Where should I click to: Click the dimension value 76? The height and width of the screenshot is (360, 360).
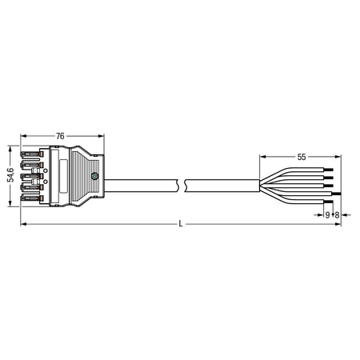pyautogui.click(x=60, y=136)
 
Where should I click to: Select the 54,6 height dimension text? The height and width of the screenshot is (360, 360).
pyautogui.click(x=10, y=175)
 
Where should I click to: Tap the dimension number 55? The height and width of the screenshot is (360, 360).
pyautogui.click(x=302, y=157)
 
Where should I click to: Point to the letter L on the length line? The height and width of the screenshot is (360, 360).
pyautogui.click(x=181, y=224)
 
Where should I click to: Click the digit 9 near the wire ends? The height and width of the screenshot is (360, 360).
pyautogui.click(x=327, y=215)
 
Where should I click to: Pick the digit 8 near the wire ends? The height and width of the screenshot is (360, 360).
pyautogui.click(x=337, y=215)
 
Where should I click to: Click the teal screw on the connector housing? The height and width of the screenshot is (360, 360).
pyautogui.click(x=94, y=176)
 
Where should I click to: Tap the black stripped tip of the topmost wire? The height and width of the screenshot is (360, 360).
pyautogui.click(x=329, y=170)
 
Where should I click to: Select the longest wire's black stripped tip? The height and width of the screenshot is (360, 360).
pyautogui.click(x=337, y=194)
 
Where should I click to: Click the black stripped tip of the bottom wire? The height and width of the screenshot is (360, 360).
pyautogui.click(x=329, y=202)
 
